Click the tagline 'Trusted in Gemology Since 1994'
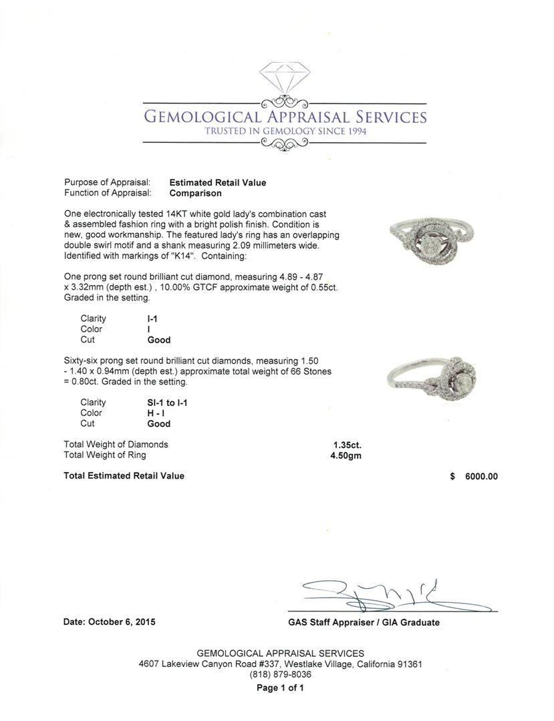click(x=285, y=131)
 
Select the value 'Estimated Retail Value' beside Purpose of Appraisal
click(x=218, y=182)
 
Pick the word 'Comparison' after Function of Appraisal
click(x=195, y=193)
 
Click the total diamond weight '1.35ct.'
click(x=348, y=445)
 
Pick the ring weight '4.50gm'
click(x=346, y=455)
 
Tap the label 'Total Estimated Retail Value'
click(x=124, y=476)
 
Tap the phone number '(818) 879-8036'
click(x=281, y=674)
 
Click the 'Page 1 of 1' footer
click(x=281, y=688)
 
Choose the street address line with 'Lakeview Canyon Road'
click(x=281, y=664)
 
